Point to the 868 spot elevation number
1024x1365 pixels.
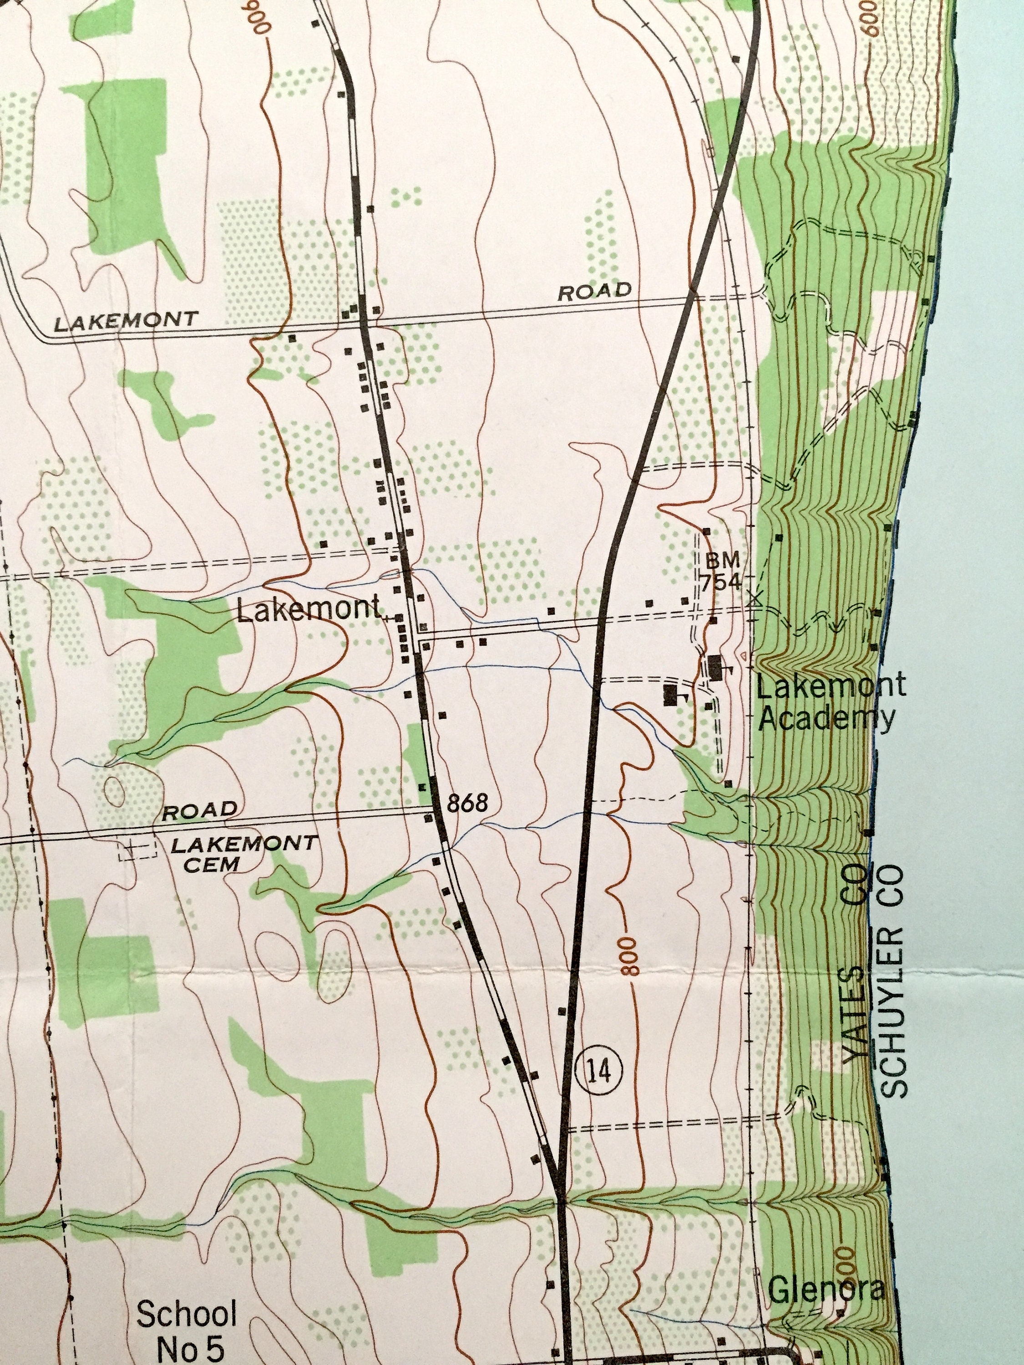click(467, 804)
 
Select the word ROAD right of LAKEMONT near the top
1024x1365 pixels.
click(595, 291)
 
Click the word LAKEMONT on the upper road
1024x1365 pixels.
click(126, 320)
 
